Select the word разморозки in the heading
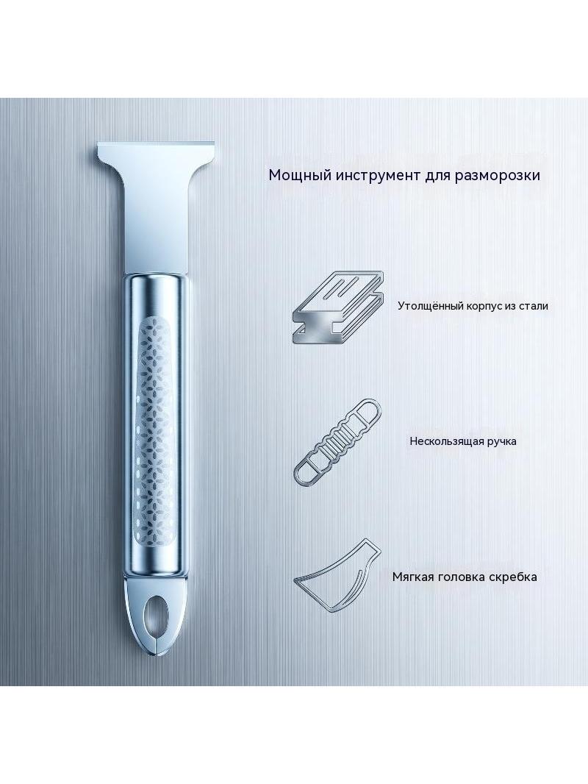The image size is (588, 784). coord(498,176)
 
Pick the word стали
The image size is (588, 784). coord(534,306)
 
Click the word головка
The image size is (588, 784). coord(459,577)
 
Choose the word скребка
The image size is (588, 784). coord(512,577)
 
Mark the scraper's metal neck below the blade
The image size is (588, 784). coord(157,225)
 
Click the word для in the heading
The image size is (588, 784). coord(438,177)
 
